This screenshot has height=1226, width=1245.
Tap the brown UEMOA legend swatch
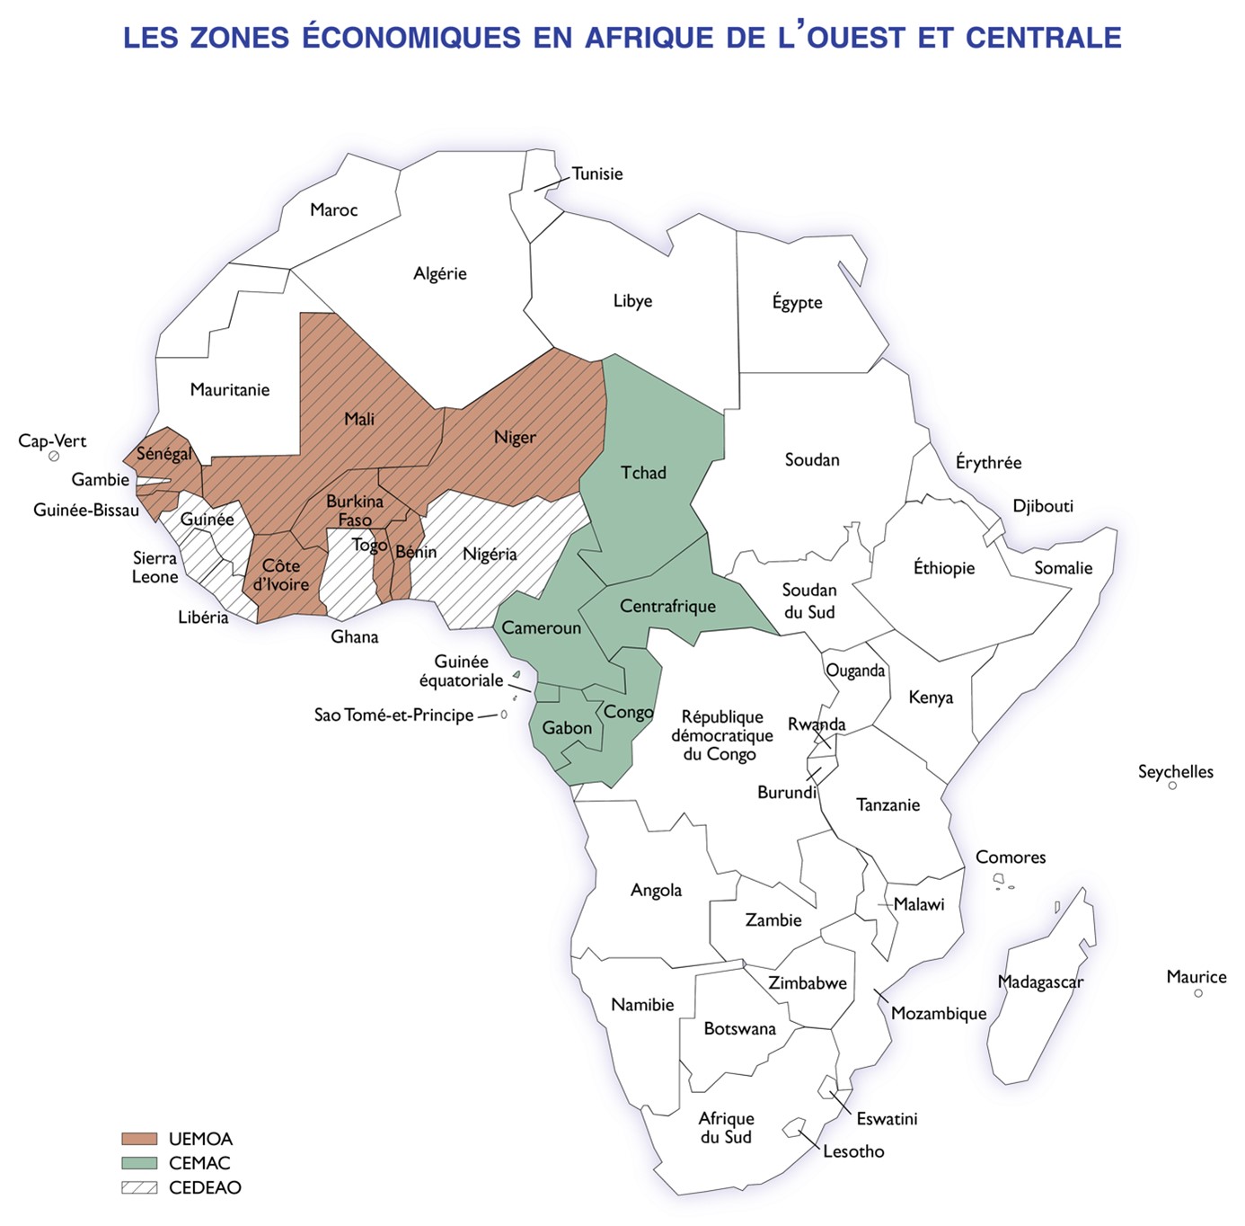pyautogui.click(x=139, y=1139)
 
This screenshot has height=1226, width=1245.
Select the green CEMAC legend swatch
pyautogui.click(x=139, y=1163)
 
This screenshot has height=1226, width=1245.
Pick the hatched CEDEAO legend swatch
pyautogui.click(x=139, y=1187)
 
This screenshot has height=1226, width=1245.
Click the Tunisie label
pyautogui.click(x=597, y=173)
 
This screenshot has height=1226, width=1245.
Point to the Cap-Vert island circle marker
pyautogui.click(x=54, y=457)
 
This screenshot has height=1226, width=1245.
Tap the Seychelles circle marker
pyautogui.click(x=1172, y=786)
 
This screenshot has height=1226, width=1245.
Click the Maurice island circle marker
pyautogui.click(x=1198, y=993)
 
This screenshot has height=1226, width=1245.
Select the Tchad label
pyautogui.click(x=643, y=473)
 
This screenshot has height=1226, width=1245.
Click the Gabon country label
pyautogui.click(x=567, y=728)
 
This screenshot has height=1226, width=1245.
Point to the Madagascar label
pyautogui.click(x=1040, y=982)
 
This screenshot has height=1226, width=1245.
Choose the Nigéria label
pyautogui.click(x=490, y=555)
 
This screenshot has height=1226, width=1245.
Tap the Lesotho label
pyautogui.click(x=853, y=1151)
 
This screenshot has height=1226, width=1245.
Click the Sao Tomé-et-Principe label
pyautogui.click(x=393, y=715)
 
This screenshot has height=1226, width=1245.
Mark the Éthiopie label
pyautogui.click(x=944, y=568)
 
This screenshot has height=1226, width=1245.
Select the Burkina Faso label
pyautogui.click(x=355, y=511)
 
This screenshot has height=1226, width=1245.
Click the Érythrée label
pyautogui.click(x=988, y=463)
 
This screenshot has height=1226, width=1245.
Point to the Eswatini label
pyautogui.click(x=887, y=1119)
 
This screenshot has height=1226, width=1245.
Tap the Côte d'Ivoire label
pyautogui.click(x=281, y=575)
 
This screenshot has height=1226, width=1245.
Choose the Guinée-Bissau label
pyautogui.click(x=86, y=511)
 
